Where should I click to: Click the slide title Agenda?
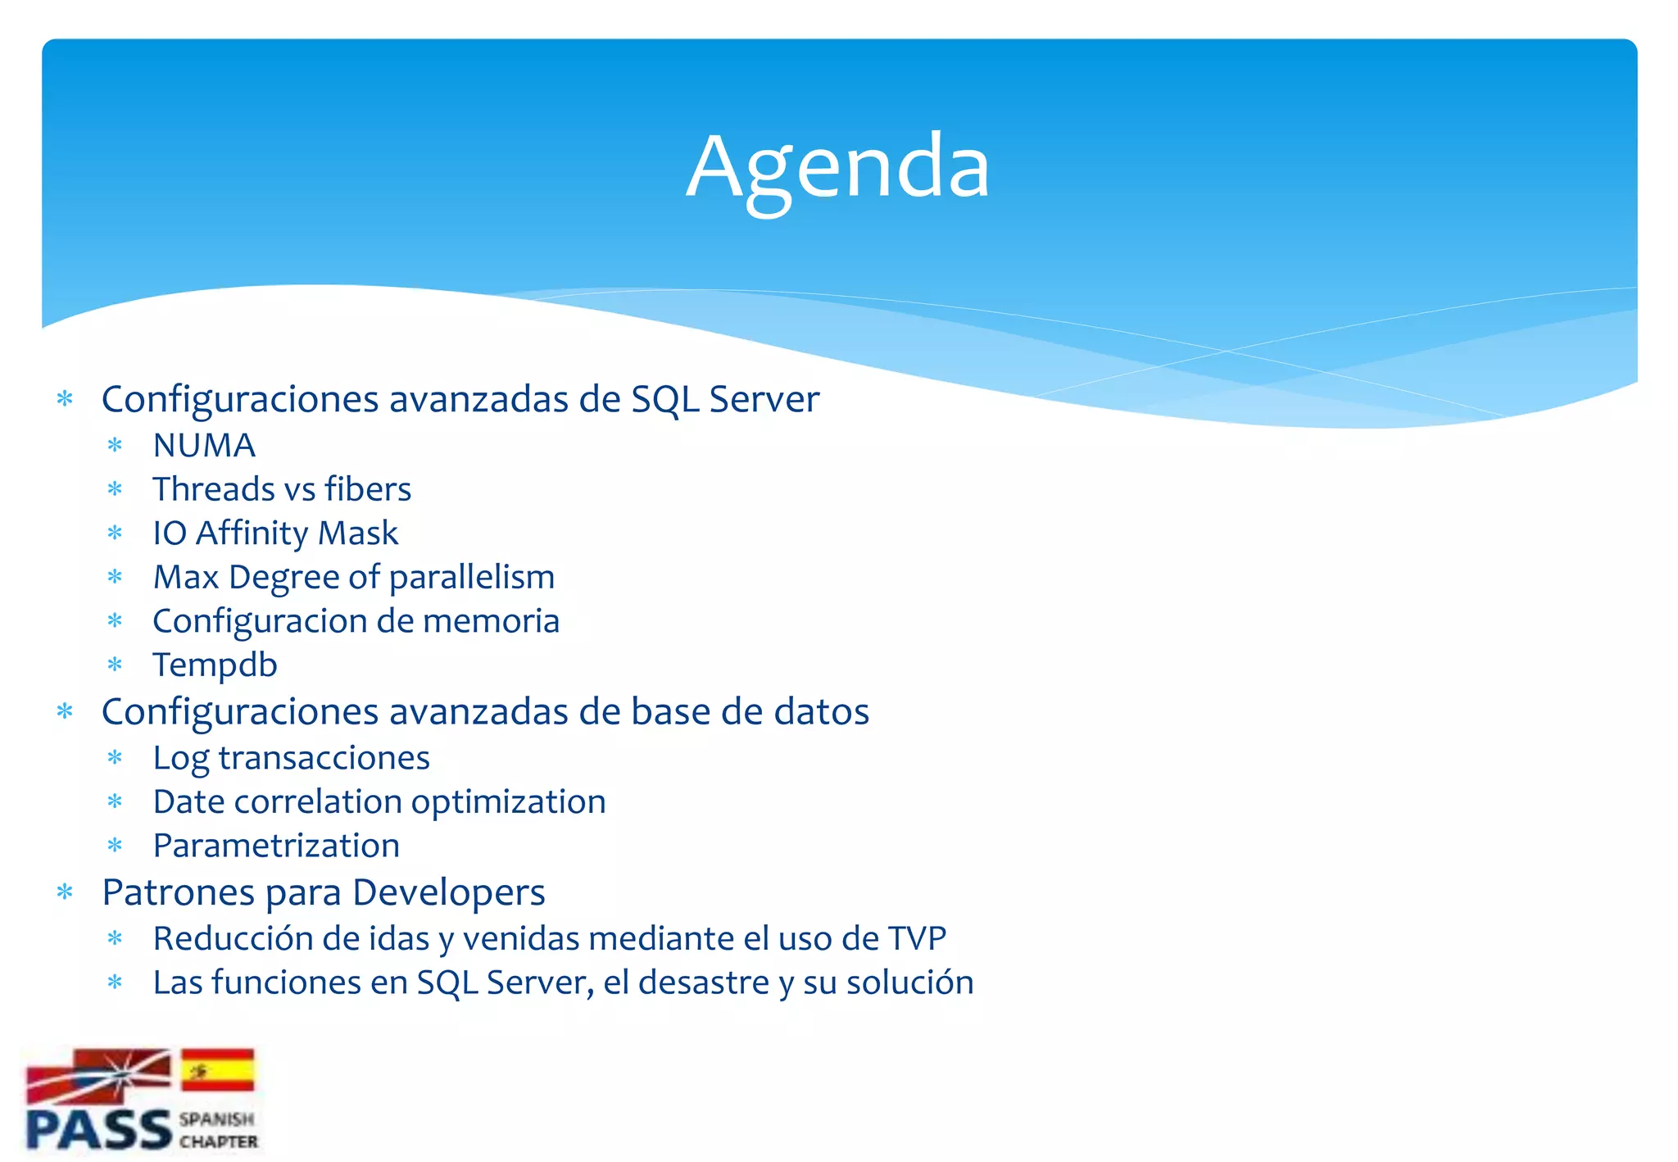[x=837, y=166]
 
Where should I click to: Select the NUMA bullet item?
[x=204, y=446]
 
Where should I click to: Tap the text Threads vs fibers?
[x=282, y=489]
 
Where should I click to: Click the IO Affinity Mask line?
[x=275, y=533]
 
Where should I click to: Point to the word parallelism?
[x=472, y=578]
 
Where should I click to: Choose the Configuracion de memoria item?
[x=356, y=621]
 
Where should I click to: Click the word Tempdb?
[x=215, y=665]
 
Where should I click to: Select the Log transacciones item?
[x=291, y=758]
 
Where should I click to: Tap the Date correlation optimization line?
[x=379, y=802]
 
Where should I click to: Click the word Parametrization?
[x=276, y=846]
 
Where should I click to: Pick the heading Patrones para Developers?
[x=323, y=892]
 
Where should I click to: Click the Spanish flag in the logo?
[x=217, y=1069]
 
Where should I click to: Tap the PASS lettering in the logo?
[x=98, y=1129]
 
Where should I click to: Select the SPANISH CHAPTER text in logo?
[x=218, y=1130]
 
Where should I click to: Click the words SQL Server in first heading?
[x=724, y=400]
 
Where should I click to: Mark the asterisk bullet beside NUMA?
[x=115, y=446]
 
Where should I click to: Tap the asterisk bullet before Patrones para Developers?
[x=66, y=892]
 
